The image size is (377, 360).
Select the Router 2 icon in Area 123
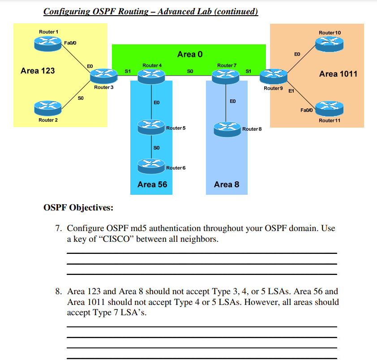pyautogui.click(x=47, y=107)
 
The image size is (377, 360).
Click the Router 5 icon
pyautogui.click(x=151, y=126)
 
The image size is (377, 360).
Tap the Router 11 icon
pyautogui.click(x=329, y=108)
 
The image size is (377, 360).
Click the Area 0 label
pyautogui.click(x=190, y=54)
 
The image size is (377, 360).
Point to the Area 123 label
pyautogui.click(x=38, y=70)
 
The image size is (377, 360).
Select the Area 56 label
pyautogui.click(x=152, y=184)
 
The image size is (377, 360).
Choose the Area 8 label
pyautogui.click(x=227, y=184)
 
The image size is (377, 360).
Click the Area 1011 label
pyautogui.click(x=338, y=74)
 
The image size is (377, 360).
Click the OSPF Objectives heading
pyautogui.click(x=78, y=208)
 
